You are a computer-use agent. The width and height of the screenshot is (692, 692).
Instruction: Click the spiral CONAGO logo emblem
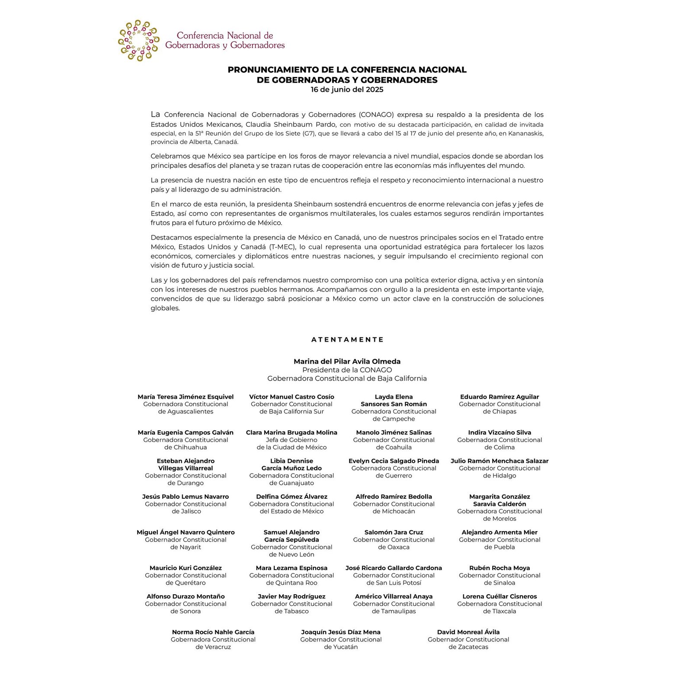point(138,40)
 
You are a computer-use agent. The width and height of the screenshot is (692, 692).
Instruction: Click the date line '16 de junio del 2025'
point(347,90)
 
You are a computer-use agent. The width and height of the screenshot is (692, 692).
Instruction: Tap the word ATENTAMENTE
point(347,340)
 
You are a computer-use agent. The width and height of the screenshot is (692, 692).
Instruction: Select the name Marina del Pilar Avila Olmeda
point(347,361)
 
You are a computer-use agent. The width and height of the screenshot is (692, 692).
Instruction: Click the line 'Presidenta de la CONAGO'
point(347,370)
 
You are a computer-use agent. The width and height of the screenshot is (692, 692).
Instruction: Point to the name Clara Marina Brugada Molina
point(292,432)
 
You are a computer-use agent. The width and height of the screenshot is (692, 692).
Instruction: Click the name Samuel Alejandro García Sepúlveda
point(292,536)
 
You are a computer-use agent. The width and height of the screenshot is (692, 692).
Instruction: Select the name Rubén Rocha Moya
point(500,567)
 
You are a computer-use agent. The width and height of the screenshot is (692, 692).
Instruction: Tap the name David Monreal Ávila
point(468,632)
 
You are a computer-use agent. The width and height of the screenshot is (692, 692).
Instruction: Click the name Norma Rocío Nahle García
point(213,632)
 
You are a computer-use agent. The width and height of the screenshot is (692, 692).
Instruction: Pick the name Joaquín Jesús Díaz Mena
point(341,632)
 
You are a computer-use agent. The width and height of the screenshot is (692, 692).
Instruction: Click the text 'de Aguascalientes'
point(186,411)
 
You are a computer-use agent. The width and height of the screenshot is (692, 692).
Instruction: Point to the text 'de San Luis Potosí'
point(394,583)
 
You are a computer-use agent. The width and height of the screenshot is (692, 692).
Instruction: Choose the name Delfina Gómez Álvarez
point(292,497)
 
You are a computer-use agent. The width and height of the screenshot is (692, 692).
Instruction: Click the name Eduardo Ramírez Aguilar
point(500,397)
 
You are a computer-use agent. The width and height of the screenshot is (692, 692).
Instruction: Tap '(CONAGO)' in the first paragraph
point(376,115)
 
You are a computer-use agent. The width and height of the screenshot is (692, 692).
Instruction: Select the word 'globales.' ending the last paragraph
point(165,308)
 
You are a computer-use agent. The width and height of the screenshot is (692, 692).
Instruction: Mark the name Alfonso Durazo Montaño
point(186,596)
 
